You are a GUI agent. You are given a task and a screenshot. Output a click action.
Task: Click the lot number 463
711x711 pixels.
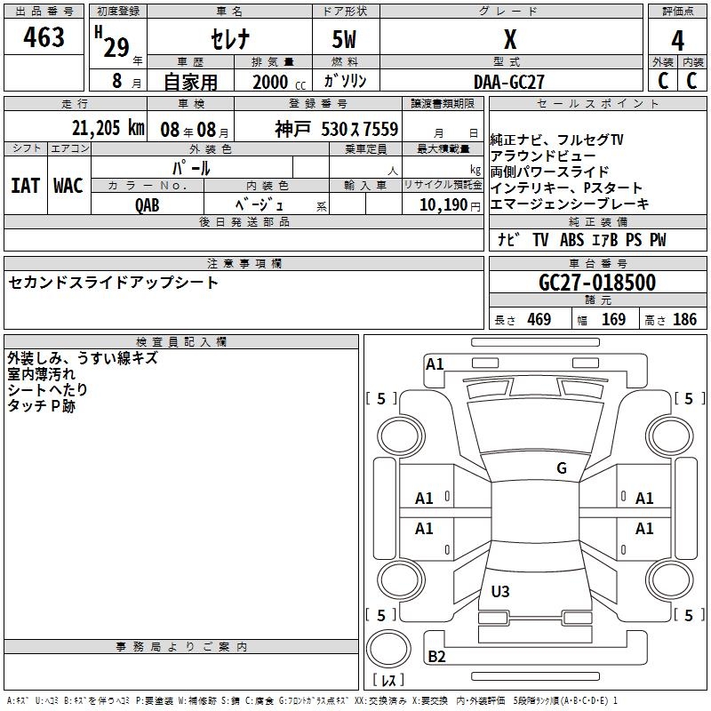point(44,37)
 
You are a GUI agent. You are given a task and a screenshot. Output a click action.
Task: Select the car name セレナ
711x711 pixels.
point(229,39)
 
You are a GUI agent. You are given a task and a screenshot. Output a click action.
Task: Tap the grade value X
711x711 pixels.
point(509,39)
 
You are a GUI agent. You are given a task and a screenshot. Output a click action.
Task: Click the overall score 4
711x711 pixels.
point(678,40)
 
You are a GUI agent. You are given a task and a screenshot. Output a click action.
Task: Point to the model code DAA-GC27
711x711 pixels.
point(509,82)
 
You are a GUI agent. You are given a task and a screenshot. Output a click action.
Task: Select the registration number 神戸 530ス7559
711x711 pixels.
point(336,129)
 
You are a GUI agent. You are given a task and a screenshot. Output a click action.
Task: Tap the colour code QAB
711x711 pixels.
point(148,204)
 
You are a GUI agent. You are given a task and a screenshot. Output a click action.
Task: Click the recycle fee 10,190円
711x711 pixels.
point(442,204)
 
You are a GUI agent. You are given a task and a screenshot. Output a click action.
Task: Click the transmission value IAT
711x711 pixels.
point(25,185)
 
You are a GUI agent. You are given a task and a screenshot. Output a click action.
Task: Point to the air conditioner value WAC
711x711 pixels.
point(68,185)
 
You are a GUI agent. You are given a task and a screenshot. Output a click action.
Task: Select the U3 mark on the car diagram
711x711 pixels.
point(500,591)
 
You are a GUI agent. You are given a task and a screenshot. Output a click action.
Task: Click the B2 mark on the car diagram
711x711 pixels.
point(436,657)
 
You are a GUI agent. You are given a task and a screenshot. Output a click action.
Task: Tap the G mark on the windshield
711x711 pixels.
point(561,468)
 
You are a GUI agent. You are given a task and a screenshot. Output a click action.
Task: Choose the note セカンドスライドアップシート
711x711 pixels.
point(113,283)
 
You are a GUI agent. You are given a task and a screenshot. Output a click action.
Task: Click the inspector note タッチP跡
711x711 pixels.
point(41,405)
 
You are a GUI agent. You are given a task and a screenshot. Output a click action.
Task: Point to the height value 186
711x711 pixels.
point(684,320)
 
